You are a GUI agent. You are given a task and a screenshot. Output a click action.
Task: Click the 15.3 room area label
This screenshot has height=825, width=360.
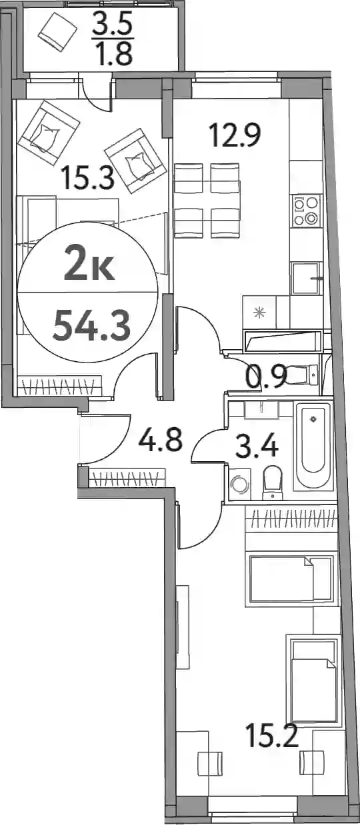(87, 177)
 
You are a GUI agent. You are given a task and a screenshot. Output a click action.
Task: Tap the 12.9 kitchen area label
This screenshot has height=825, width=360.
(235, 135)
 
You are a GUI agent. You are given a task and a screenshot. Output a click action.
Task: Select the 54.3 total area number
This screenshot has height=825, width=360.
(91, 326)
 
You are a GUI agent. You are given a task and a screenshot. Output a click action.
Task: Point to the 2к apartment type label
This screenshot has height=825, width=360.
(89, 264)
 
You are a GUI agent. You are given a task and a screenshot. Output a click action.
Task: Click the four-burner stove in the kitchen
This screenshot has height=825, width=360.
(306, 211)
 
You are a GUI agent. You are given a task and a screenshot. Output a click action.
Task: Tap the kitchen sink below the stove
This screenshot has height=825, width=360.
(305, 279)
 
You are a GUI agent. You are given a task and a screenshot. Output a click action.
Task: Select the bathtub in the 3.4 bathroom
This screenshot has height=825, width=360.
(313, 446)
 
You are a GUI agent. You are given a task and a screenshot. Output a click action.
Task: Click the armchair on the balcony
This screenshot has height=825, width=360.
(57, 31)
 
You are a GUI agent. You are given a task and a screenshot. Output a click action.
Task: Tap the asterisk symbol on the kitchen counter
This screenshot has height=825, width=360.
(260, 313)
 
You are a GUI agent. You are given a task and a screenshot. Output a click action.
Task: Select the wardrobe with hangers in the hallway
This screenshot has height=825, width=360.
(127, 478)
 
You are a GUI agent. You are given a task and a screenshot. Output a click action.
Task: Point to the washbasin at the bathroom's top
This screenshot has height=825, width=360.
(261, 409)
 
